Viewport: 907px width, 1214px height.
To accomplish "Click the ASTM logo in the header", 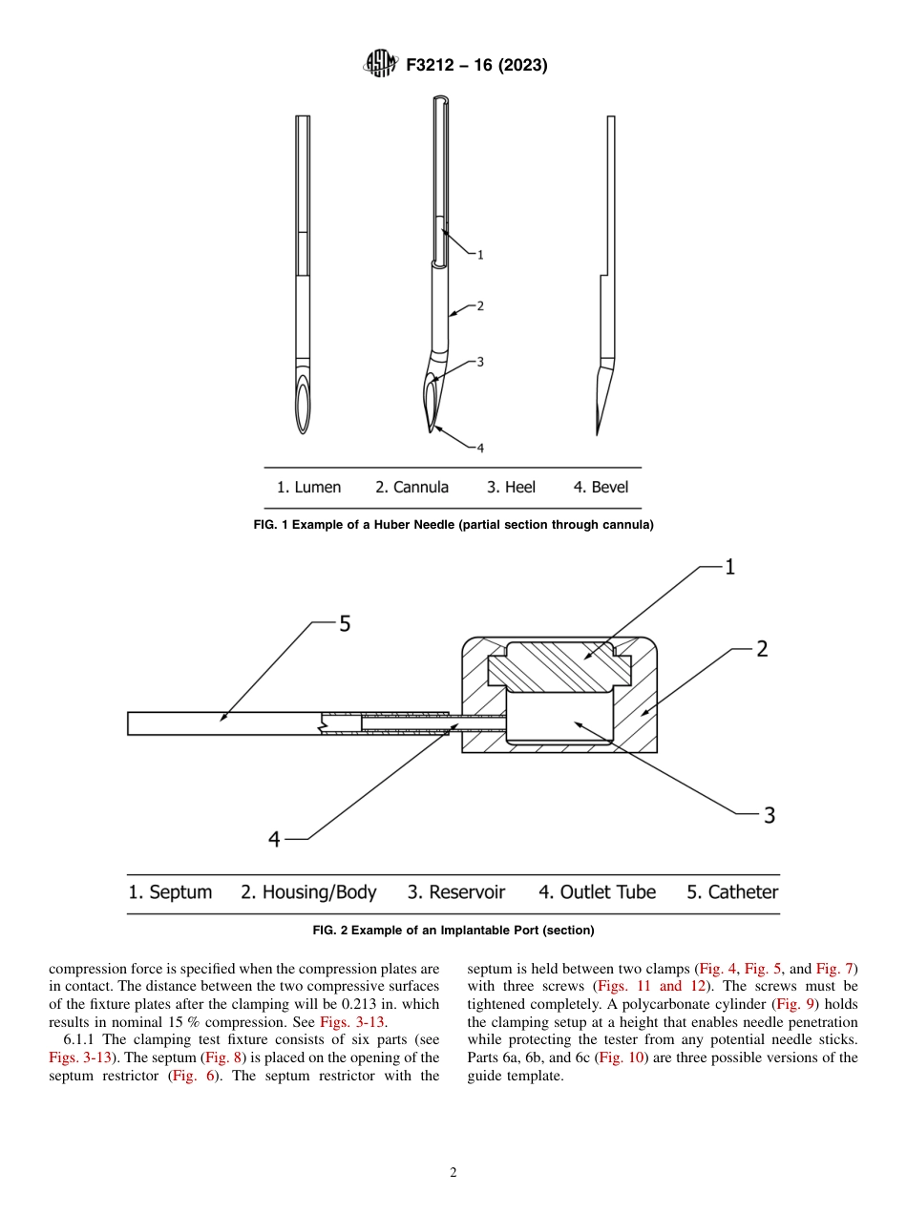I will [381, 65].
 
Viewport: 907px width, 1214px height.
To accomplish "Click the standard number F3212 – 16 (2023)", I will [476, 66].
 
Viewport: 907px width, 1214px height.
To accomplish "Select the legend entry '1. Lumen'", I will [308, 488].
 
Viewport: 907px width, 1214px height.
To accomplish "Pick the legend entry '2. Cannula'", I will [411, 488].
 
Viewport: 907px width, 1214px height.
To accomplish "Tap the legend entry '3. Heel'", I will [511, 488].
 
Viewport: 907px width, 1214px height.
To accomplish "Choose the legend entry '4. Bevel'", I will [601, 488].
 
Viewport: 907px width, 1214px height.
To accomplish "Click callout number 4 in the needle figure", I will [480, 448].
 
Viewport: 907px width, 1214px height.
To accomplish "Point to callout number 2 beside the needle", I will [480, 306].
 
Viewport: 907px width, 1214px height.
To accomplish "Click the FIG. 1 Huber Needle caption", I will [453, 525].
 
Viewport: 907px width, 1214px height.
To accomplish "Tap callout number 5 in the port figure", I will [345, 624].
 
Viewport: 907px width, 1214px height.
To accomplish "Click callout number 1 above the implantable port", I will [729, 568].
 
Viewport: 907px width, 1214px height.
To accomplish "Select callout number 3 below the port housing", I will [769, 815].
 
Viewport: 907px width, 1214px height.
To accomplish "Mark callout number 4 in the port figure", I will [274, 839].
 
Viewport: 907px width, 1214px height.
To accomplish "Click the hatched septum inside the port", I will [558, 668].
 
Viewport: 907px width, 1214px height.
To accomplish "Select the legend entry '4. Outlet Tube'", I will [597, 892].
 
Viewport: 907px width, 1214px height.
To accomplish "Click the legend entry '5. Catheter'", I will [732, 892].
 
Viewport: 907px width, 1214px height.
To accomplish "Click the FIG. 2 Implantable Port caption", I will [453, 931].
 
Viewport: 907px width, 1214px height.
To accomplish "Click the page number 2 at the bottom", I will [453, 1173].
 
